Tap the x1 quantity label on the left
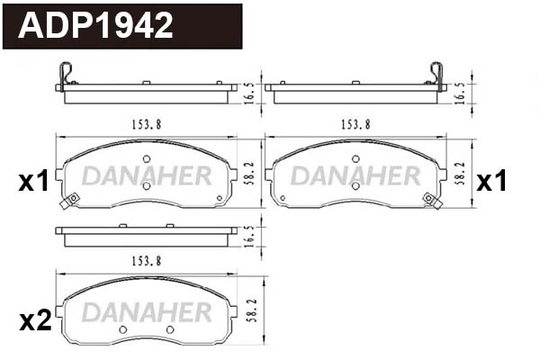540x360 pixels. [33, 183]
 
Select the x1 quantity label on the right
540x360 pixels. [491, 183]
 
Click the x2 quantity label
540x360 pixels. [35, 321]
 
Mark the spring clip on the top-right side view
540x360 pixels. [438, 76]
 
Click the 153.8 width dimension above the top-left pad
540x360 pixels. [146, 125]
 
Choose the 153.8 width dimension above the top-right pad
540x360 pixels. [355, 125]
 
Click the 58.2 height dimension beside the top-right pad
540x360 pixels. [460, 173]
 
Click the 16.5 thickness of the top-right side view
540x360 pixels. [461, 93]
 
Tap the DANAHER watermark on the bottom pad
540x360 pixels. [146, 310]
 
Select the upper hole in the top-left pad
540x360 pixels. [146, 159]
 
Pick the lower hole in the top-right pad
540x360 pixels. [355, 186]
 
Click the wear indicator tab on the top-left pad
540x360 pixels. [65, 203]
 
